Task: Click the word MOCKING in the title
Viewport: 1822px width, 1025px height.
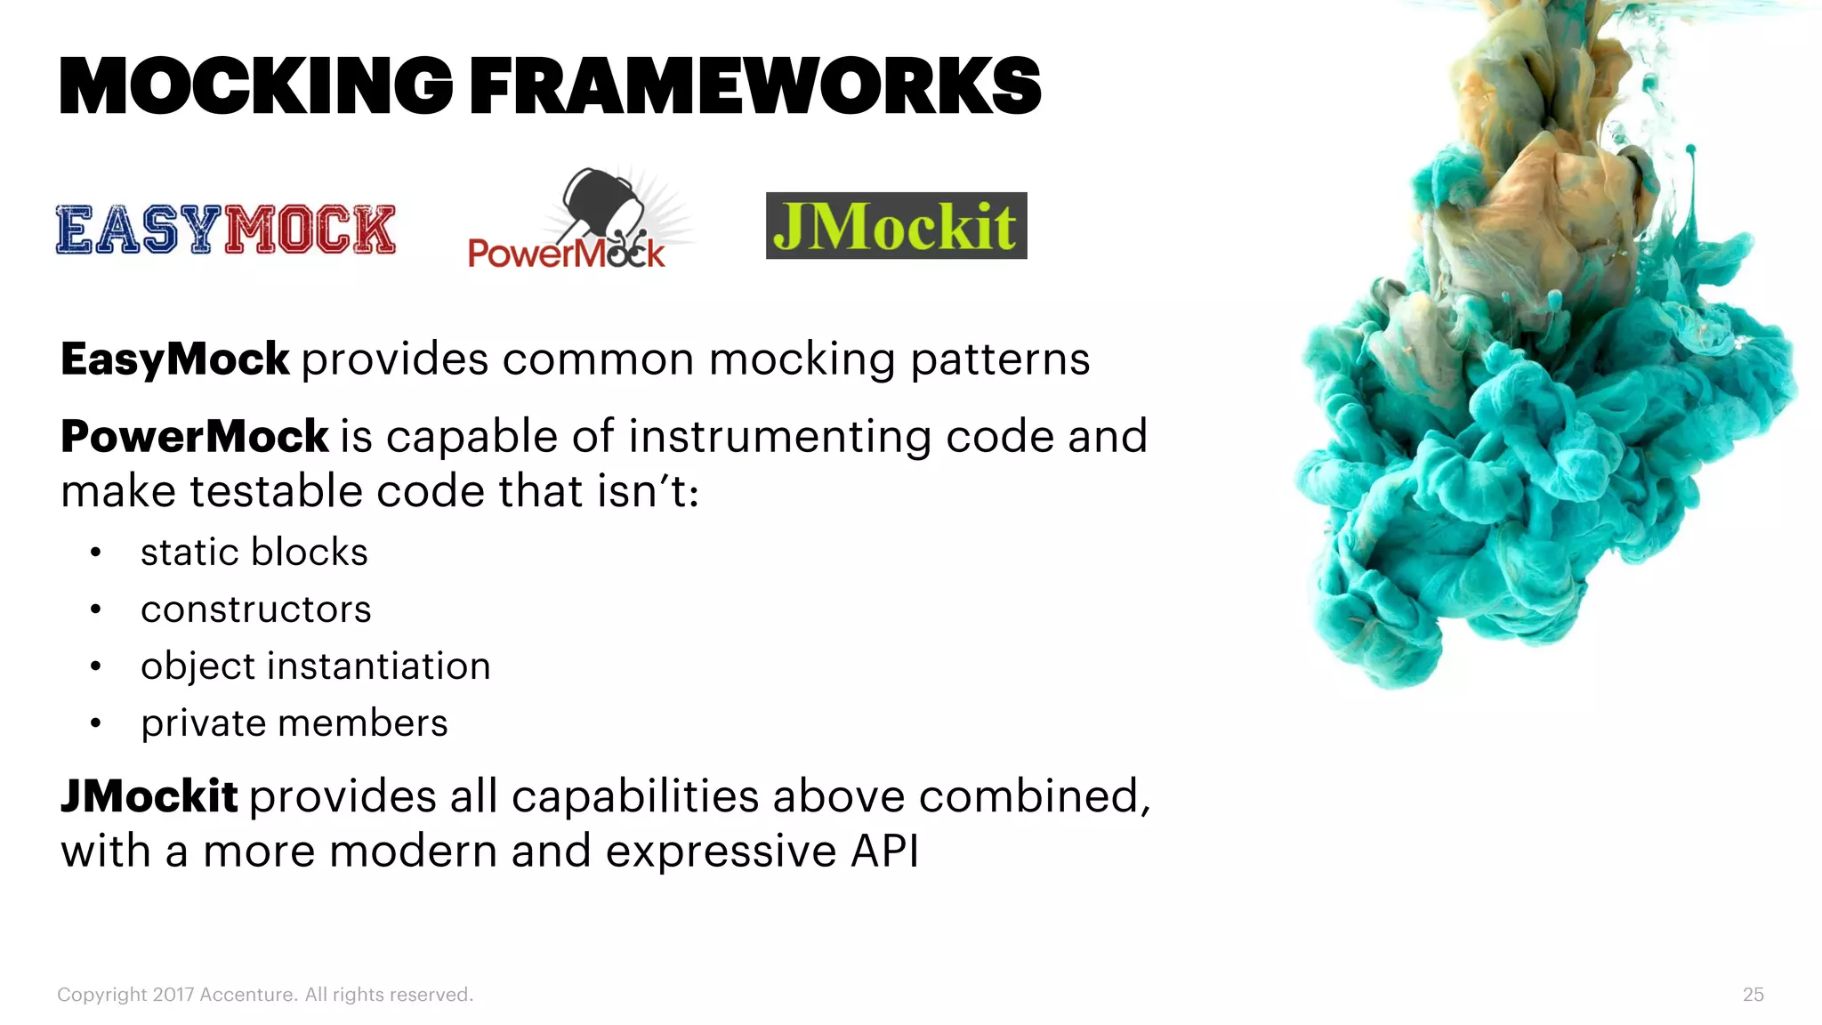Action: tap(255, 86)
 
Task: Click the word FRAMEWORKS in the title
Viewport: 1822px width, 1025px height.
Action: tap(754, 86)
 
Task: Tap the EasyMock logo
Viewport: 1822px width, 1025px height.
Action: tap(226, 230)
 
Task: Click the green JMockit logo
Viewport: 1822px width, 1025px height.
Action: tap(896, 226)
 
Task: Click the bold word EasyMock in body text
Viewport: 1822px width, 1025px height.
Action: tap(174, 359)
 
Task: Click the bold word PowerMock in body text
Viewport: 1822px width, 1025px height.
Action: tap(195, 437)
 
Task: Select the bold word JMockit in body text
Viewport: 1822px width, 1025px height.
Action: tap(149, 796)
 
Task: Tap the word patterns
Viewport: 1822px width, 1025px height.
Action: tap(1000, 360)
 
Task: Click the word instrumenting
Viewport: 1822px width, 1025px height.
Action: tap(778, 437)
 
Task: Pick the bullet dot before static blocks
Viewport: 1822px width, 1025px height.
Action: tap(96, 553)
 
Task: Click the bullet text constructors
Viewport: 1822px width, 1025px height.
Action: tap(256, 609)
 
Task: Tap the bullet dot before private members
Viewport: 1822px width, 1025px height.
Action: tap(96, 724)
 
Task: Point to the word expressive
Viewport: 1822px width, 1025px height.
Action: tap(722, 852)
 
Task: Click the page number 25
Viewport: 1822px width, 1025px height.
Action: tap(1753, 995)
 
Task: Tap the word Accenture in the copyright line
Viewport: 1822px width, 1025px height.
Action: tap(247, 995)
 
